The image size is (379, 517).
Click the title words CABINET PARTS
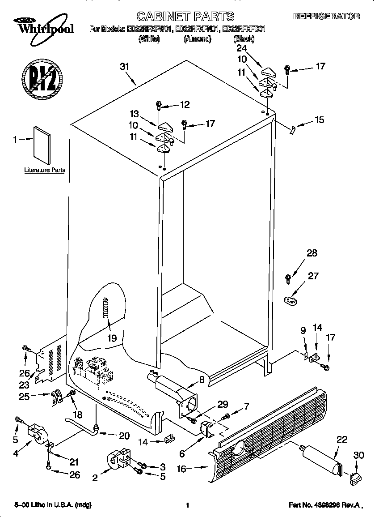pos(185,17)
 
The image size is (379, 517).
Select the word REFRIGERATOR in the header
pos(326,17)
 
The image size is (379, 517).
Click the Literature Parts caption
pos(44,170)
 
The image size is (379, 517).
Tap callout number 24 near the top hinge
pos(241,48)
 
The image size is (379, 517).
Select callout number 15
pos(319,120)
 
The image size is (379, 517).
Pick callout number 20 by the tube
pos(124,436)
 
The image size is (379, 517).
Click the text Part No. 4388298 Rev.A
pos(324,505)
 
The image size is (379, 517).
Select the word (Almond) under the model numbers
pos(197,39)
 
